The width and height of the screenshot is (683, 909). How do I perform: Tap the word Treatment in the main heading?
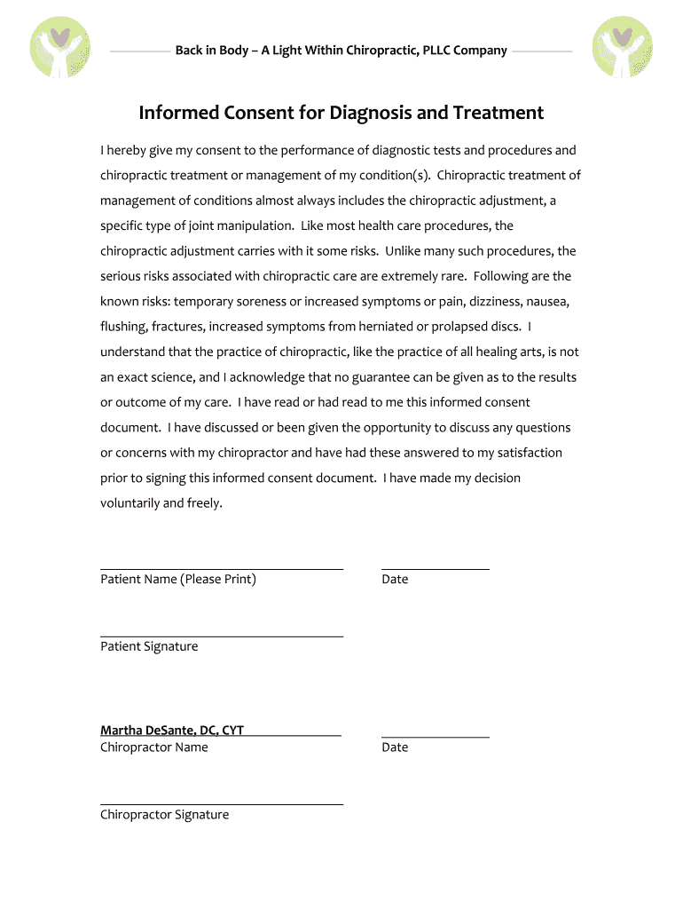coord(498,114)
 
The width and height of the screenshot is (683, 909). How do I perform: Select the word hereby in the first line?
coord(128,150)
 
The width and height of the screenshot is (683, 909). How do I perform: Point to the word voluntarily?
coord(129,503)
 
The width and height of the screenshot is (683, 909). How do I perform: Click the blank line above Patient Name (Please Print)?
coord(222,568)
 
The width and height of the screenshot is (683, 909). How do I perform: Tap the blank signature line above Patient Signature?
coord(222,636)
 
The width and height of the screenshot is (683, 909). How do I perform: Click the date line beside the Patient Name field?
coord(435,568)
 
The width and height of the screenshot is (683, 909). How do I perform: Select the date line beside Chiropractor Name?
coord(435,736)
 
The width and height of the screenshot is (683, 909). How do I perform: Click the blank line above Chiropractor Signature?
coord(222,804)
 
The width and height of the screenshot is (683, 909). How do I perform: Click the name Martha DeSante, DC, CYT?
coord(172,731)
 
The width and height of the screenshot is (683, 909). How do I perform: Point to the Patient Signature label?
coord(149,646)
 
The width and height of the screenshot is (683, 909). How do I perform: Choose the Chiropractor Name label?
coord(154,747)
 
